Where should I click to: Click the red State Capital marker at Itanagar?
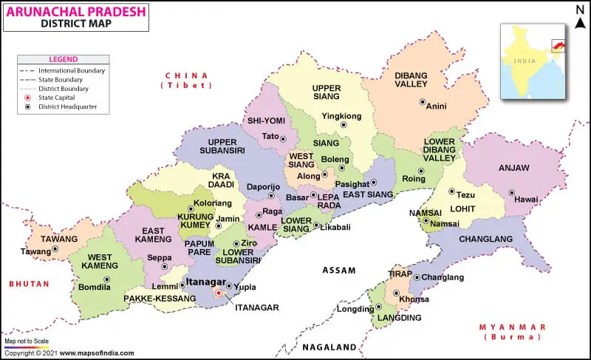coord(218,293)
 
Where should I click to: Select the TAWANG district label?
coord(59,239)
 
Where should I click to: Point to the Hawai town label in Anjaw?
coord(526,200)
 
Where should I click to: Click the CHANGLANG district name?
coord(485,239)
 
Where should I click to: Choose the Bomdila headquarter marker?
coord(106,279)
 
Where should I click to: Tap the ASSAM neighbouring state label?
coord(339,271)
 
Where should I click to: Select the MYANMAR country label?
coord(512,327)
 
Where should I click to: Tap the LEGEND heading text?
coord(63,59)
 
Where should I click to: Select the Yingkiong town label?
coord(341,116)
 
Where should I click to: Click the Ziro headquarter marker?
coord(236,242)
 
